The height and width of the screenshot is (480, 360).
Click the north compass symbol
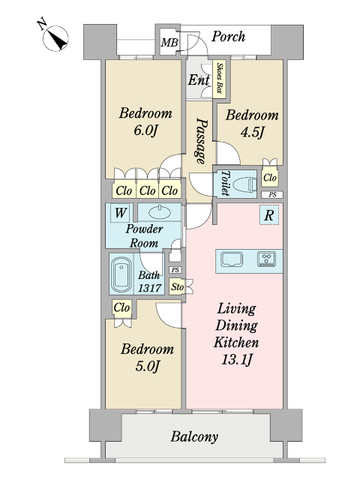tap(55, 38)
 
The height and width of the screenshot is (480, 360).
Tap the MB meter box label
tap(169, 42)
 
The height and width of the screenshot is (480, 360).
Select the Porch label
tap(228, 37)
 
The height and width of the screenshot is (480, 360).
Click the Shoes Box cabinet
tap(219, 79)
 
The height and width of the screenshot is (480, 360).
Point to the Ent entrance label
tap(199, 80)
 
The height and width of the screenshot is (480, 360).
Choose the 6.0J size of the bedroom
tap(145, 130)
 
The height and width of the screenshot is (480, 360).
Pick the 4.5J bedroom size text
tap(252, 132)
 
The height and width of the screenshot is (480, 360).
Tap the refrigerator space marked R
tap(269, 215)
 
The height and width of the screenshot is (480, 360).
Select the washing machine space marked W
tap(120, 212)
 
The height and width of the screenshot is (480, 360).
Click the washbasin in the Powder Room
tap(159, 212)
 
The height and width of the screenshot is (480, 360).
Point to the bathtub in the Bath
tap(121, 274)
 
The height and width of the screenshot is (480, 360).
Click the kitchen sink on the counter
tap(232, 259)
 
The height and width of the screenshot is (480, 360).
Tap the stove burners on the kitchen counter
tap(266, 259)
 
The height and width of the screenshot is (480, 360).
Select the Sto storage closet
tap(177, 286)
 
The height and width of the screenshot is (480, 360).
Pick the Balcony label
tap(194, 436)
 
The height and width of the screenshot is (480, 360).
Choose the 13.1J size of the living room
tap(237, 359)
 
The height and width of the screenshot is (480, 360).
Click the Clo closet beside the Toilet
tap(270, 178)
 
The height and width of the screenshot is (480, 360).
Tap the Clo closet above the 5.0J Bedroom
tap(121, 307)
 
